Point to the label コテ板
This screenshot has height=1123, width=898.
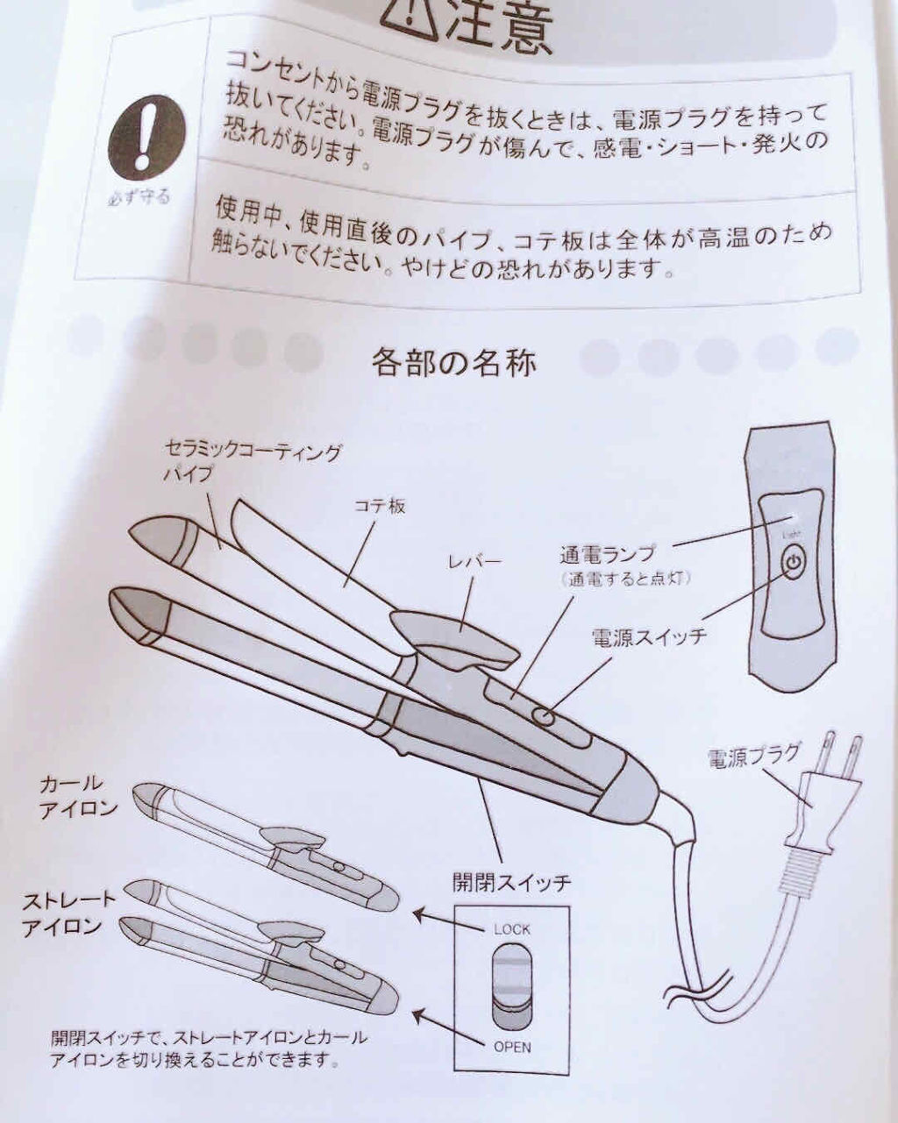point(380,506)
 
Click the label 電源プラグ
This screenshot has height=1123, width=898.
point(752,757)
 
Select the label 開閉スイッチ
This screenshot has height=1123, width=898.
point(511,883)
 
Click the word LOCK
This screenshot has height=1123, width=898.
point(511,929)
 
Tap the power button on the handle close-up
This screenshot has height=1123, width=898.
point(793,563)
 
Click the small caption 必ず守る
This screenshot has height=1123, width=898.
point(139,198)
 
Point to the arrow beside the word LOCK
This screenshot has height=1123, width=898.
point(449,921)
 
